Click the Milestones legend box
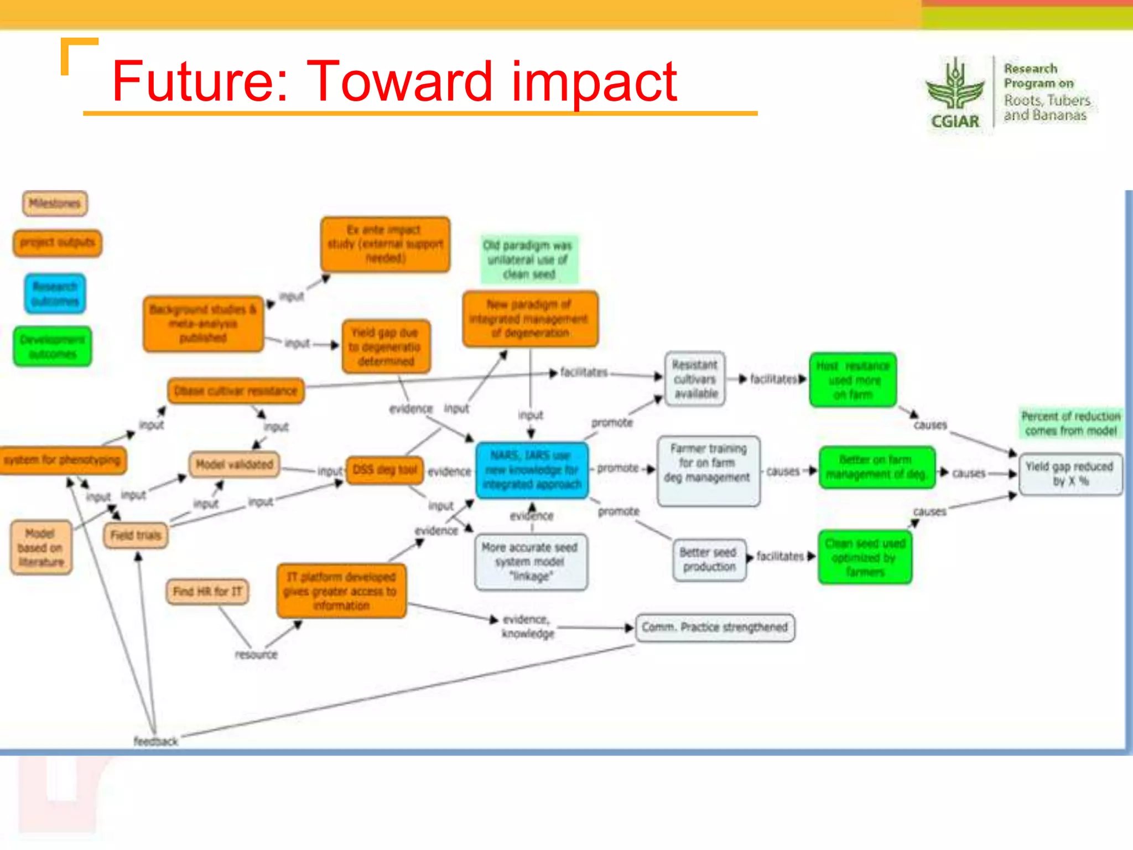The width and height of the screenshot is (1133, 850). pos(55,204)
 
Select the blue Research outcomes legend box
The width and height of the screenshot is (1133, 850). pos(55,294)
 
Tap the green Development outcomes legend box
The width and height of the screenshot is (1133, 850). pos(53,347)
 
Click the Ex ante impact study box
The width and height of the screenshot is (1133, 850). pos(385,244)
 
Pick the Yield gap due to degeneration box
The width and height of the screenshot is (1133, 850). pos(386,347)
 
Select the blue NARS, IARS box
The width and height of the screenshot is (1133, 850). pos(532,470)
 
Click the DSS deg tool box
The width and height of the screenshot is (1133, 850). pos(384,470)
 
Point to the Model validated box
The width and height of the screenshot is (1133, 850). pos(234,464)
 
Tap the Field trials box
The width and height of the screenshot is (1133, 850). pos(136,535)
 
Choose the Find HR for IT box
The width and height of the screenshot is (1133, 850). pos(207,592)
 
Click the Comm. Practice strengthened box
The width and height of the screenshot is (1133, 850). pos(715,628)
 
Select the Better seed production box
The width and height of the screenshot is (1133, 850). pos(709,559)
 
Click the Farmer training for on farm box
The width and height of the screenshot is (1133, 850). pos(708,470)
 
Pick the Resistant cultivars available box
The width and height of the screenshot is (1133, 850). pos(695,380)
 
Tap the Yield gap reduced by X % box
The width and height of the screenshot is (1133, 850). pos(1070,474)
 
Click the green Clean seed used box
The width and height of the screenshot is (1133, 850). pos(865,557)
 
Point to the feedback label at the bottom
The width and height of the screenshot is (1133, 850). pos(155,741)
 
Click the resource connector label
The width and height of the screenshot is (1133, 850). pos(256,655)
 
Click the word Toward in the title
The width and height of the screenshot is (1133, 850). pos(398,82)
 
